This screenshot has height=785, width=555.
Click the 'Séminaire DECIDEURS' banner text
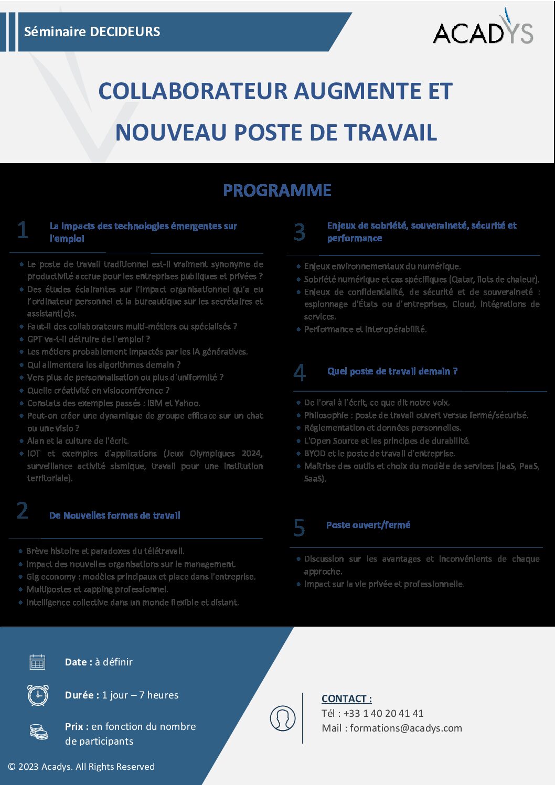click(x=92, y=31)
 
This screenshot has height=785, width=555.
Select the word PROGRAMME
click(x=277, y=190)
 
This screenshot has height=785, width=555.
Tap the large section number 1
click(x=23, y=230)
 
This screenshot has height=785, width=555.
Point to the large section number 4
click(x=300, y=372)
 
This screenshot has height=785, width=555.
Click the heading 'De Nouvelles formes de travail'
click(x=115, y=515)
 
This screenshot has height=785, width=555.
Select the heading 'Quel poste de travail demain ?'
click(x=392, y=371)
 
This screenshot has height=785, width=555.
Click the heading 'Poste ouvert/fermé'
click(x=368, y=525)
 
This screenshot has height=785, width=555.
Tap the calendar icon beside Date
click(x=38, y=662)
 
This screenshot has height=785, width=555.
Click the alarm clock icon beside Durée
click(x=38, y=695)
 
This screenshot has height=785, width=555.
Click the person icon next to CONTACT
click(x=283, y=718)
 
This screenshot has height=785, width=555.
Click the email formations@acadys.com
click(x=406, y=728)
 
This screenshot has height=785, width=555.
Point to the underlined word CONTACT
click(x=347, y=698)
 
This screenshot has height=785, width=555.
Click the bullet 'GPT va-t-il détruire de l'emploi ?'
click(x=89, y=339)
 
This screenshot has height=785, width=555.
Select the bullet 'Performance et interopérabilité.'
click(x=366, y=329)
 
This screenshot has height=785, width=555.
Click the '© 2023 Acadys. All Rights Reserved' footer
click(x=81, y=767)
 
